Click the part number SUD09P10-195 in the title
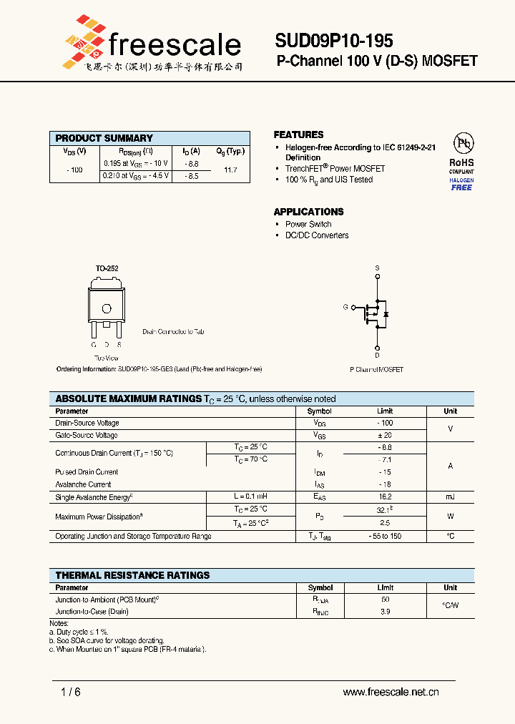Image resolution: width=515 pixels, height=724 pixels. [x=333, y=41]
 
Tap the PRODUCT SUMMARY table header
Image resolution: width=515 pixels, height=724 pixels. [x=104, y=138]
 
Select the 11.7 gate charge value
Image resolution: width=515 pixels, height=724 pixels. [x=230, y=170]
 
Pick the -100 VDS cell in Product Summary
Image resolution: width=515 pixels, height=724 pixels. [x=74, y=170]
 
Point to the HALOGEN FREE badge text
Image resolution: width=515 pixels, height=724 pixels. [x=461, y=184]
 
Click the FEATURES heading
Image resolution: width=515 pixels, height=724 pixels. [x=298, y=134]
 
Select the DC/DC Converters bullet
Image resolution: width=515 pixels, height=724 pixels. [x=317, y=235]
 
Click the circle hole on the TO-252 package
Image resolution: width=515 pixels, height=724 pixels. [x=107, y=308]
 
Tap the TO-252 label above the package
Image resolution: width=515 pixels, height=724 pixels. [x=107, y=268]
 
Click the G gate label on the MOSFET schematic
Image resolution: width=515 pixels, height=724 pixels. [x=345, y=307]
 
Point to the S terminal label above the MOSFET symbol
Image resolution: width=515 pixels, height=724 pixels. [x=378, y=268]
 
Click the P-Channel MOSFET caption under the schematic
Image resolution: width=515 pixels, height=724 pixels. [x=376, y=370]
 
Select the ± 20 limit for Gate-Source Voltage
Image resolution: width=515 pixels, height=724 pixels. [x=386, y=435]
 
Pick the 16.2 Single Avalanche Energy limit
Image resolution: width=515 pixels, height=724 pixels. [x=386, y=496]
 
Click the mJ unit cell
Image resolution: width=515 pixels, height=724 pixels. [x=450, y=496]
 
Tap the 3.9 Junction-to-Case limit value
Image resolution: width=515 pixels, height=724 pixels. [x=386, y=612]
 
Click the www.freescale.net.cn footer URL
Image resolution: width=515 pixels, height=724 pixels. [x=391, y=692]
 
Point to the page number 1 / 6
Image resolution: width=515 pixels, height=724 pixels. [x=71, y=692]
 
